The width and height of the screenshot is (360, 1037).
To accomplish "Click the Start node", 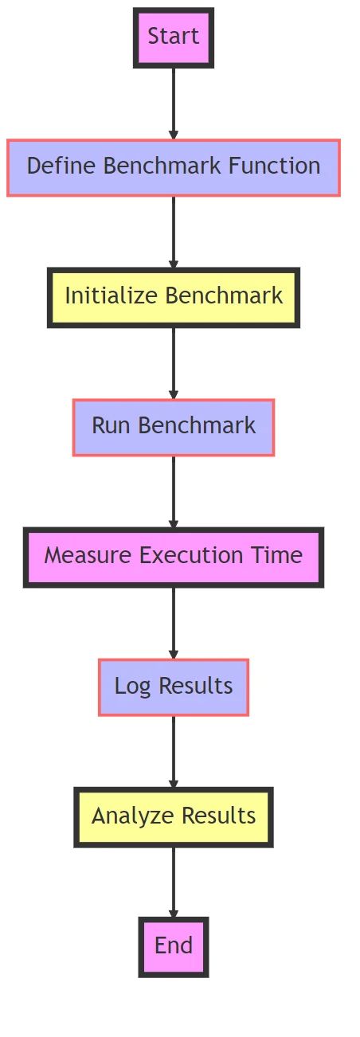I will coord(174,37).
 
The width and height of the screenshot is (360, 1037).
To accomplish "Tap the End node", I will coord(174,946).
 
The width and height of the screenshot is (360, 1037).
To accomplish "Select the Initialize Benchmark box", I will coord(174,296).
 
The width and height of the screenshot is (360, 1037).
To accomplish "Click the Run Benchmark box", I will coord(174,426).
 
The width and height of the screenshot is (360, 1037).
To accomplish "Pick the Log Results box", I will coord(174,687).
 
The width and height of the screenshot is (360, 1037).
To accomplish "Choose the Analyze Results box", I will coord(174,816).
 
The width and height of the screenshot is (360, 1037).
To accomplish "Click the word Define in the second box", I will coord(62,166).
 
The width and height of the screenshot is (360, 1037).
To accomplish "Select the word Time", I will coord(280,556).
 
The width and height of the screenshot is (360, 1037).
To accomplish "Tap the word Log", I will coord(133,687).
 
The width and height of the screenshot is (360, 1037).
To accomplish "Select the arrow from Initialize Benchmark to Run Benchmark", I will coord(174,362).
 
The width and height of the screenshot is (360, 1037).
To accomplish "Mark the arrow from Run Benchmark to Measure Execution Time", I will coord(174,491).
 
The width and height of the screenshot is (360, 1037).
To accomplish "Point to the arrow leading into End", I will coord(174,882).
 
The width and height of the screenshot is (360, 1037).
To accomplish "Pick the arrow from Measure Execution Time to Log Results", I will coord(174,622).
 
